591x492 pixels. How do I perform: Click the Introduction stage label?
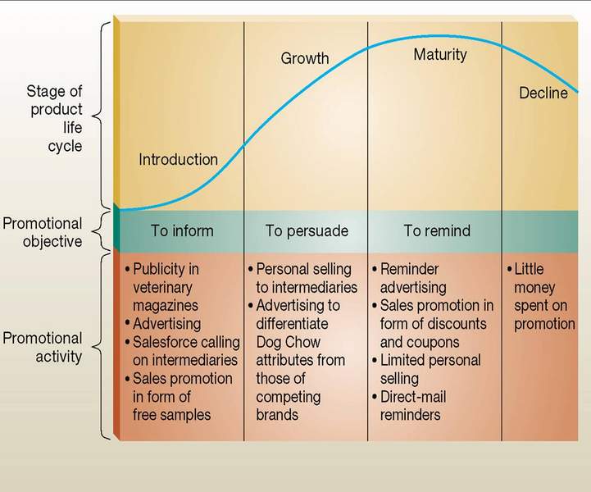tap(178, 159)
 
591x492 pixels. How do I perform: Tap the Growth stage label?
tap(305, 58)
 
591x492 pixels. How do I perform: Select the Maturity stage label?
tap(440, 55)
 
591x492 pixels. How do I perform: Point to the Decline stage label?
tap(543, 93)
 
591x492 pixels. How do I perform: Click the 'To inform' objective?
tap(182, 230)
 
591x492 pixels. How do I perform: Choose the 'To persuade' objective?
tap(307, 231)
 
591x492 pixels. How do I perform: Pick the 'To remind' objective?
tap(437, 230)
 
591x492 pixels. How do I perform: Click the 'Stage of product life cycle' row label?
tap(55, 118)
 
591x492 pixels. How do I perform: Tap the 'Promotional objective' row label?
tap(43, 232)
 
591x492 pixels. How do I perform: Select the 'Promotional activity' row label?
tap(43, 347)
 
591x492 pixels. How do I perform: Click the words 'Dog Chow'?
tap(289, 342)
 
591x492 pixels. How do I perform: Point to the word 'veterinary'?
tap(162, 288)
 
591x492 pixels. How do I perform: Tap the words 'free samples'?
tap(171, 415)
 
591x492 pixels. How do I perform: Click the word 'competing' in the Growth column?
tap(289, 398)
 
